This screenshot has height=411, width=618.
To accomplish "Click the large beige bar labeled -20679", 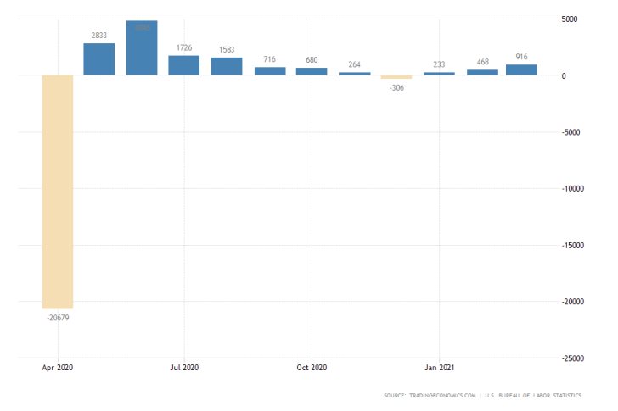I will pyautogui.click(x=57, y=192).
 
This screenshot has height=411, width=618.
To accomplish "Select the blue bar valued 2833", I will pyautogui.click(x=98, y=59).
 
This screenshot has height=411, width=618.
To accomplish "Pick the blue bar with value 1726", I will pyautogui.click(x=183, y=65).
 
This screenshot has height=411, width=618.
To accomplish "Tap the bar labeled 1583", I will pyautogui.click(x=227, y=66).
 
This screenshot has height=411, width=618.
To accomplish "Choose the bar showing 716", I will pyautogui.click(x=270, y=71).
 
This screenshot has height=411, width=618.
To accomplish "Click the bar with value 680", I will pyautogui.click(x=312, y=71).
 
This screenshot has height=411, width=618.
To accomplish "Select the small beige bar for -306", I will pyautogui.click(x=396, y=77).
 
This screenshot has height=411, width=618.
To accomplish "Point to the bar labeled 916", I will pyautogui.click(x=521, y=69).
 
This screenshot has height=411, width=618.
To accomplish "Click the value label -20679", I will pyautogui.click(x=57, y=317).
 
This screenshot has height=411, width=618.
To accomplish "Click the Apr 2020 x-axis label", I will pyautogui.click(x=57, y=368).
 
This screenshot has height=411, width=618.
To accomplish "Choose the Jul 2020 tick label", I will pyautogui.click(x=184, y=368).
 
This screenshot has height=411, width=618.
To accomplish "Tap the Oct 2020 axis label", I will pyautogui.click(x=312, y=368).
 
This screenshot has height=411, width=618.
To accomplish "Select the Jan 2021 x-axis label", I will pyautogui.click(x=439, y=368).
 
